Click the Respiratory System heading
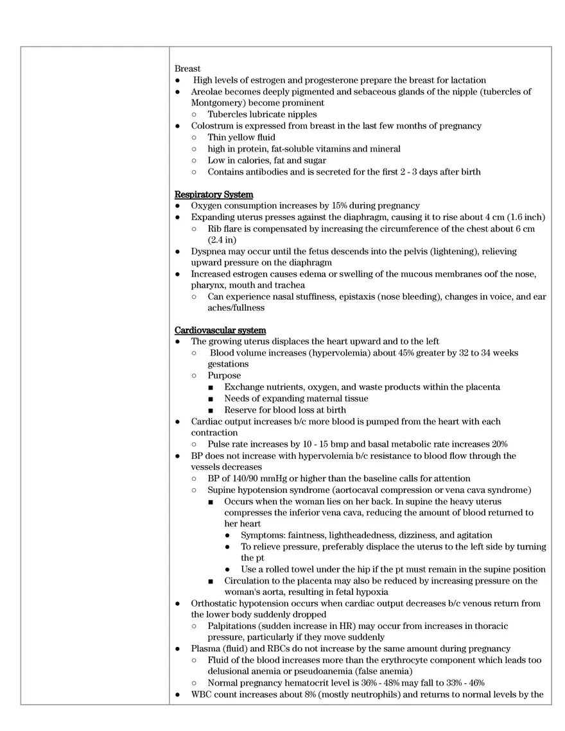click(214, 194)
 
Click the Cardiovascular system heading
click(220, 331)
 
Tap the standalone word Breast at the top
click(187, 69)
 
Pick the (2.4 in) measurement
click(222, 240)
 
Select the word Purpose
click(224, 375)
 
